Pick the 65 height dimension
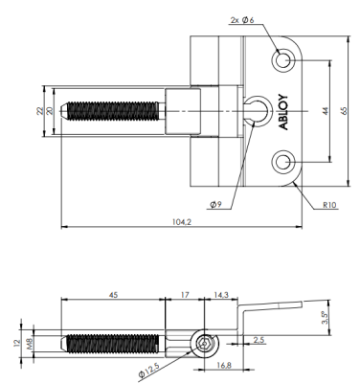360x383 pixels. (x=342, y=110)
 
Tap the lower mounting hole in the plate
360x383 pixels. (x=283, y=160)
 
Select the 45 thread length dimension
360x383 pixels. (x=113, y=295)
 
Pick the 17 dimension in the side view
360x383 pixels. (x=186, y=295)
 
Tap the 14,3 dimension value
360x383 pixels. (x=219, y=295)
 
